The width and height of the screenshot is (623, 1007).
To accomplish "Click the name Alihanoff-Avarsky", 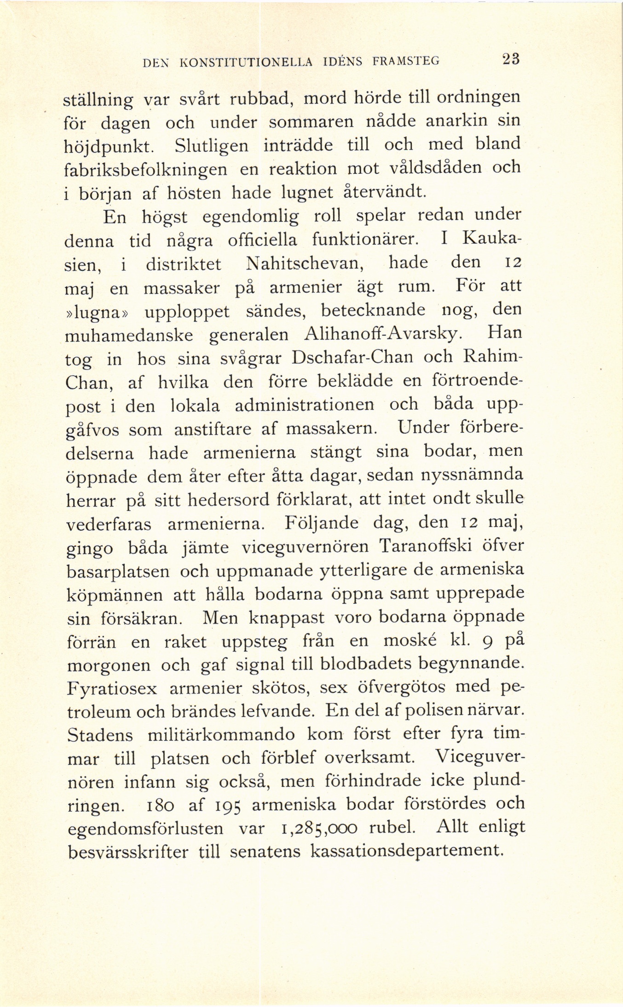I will [x=383, y=334].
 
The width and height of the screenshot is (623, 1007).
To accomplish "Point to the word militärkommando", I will [x=221, y=734].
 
